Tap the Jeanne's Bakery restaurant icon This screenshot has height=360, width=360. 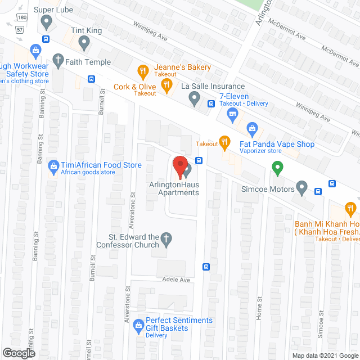pyautogui.click(x=143, y=71)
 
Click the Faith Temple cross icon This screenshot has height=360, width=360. pyautogui.click(x=57, y=59)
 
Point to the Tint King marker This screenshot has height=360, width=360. pyautogui.click(x=84, y=42)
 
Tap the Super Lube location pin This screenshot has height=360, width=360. pyautogui.click(x=47, y=22)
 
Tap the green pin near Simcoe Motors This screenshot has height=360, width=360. pyautogui.click(x=277, y=168)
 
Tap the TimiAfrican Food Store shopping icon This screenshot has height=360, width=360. pyautogui.click(x=54, y=166)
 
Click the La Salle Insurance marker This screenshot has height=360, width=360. pyautogui.click(x=194, y=100)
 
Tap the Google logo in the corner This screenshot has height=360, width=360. pyautogui.click(x=18, y=353)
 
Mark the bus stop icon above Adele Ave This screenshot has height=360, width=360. pyautogui.click(x=206, y=267)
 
